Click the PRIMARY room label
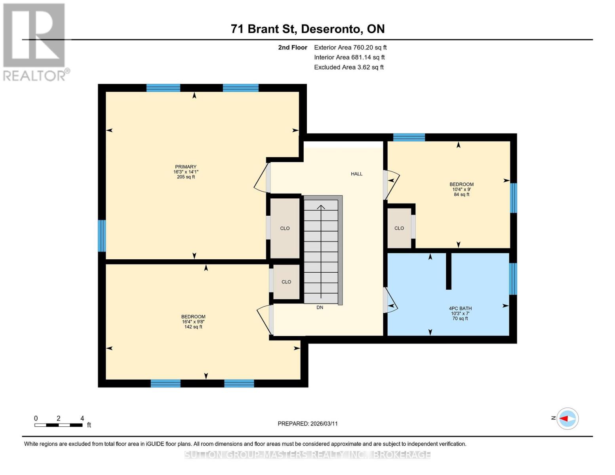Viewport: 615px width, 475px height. point(186,167)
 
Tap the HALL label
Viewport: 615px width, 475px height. point(356,174)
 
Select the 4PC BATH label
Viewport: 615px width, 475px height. point(460,308)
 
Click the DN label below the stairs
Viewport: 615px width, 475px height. point(320,308)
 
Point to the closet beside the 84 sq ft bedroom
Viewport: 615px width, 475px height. point(399,228)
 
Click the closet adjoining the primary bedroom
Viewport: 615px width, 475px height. point(285,228)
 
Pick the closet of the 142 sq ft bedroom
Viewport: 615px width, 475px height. point(286,282)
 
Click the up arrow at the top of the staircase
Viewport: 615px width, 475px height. point(321,207)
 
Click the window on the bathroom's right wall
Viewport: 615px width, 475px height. point(513,279)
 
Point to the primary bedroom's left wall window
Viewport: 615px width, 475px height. point(102,236)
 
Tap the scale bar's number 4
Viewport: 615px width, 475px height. point(82,418)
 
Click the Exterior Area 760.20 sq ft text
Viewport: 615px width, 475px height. point(350,47)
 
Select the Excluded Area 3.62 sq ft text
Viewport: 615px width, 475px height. point(348,67)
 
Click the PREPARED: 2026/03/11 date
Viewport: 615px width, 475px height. point(308,424)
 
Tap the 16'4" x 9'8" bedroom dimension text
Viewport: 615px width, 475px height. point(193,322)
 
